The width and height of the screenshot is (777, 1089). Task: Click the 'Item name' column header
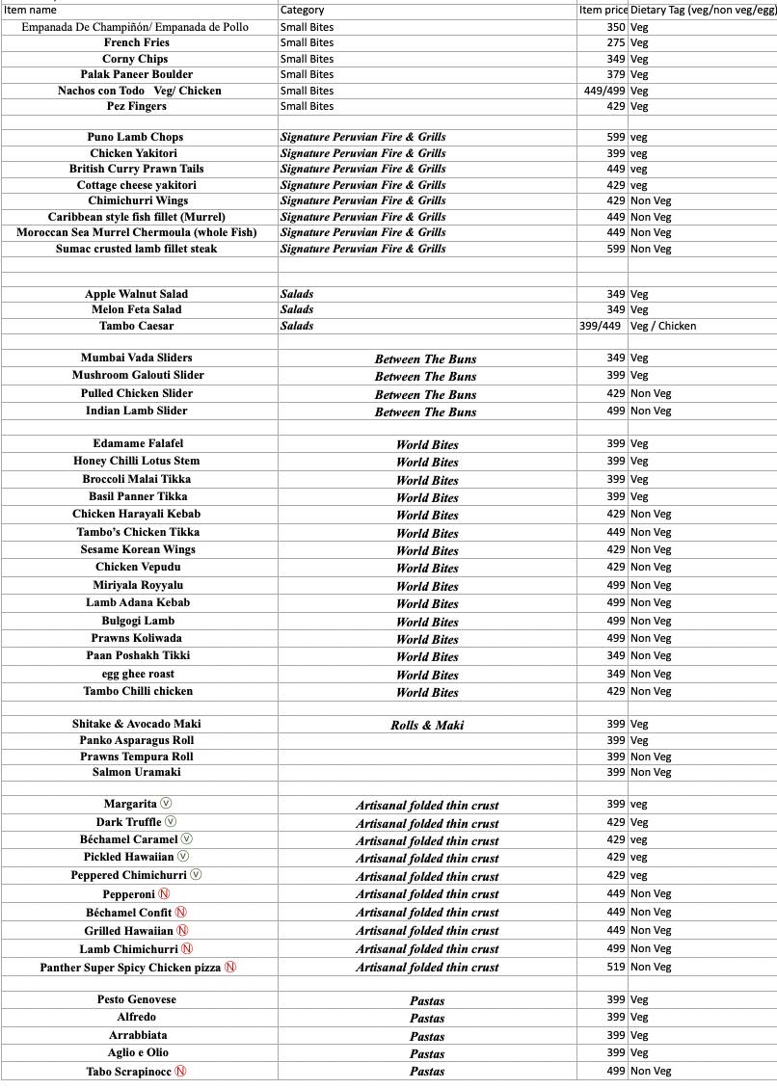(30, 10)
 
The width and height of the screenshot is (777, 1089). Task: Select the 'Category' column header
(302, 10)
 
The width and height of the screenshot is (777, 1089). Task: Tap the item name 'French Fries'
(137, 42)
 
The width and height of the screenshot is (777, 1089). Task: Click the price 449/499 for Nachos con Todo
(604, 91)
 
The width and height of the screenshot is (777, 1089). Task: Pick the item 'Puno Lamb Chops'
(135, 137)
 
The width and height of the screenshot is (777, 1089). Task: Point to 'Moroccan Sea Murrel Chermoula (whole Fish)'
(137, 232)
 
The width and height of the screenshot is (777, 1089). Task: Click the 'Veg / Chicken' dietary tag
(663, 326)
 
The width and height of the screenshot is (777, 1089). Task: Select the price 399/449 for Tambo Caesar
(601, 326)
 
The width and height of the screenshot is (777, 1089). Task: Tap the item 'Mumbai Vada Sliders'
(137, 358)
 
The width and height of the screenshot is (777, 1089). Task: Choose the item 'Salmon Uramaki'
(137, 772)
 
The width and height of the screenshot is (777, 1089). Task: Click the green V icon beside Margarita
(166, 804)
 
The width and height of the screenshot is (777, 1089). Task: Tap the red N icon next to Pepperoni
(164, 894)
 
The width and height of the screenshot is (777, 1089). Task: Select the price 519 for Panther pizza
(616, 967)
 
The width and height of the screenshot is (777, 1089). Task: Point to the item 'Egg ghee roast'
(138, 674)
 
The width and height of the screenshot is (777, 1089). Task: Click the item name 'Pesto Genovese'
(137, 999)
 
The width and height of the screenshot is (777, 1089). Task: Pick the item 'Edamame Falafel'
(138, 443)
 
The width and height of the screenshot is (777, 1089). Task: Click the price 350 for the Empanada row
(616, 27)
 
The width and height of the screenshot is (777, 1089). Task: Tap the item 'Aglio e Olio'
(138, 1052)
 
